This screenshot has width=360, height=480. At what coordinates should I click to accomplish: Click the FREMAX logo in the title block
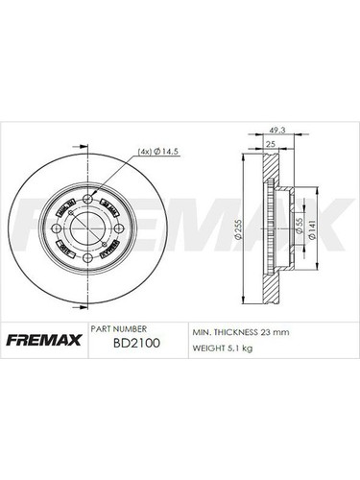point(42,341)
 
